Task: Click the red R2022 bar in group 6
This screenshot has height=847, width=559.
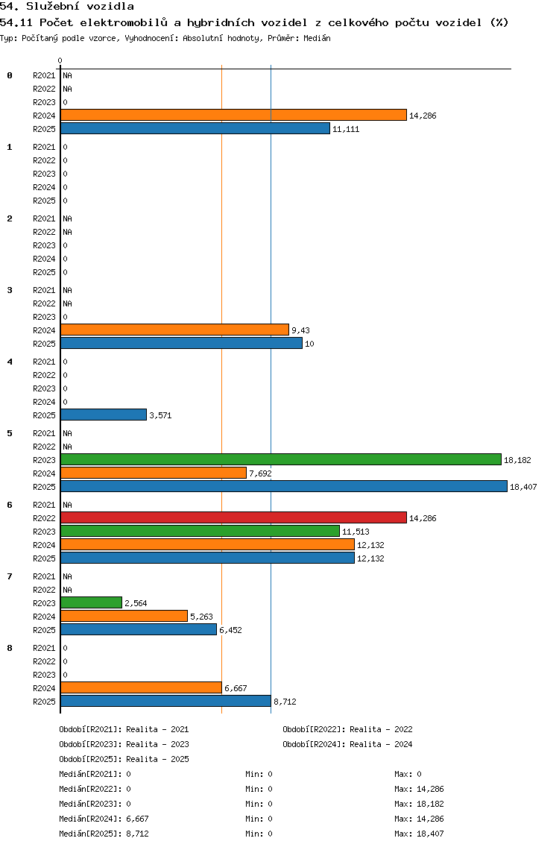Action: coord(233,517)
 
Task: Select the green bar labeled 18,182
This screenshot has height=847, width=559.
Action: coord(281,460)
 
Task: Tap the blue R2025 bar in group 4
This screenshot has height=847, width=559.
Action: coord(104,415)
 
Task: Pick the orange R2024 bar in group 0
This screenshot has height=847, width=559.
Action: coord(233,115)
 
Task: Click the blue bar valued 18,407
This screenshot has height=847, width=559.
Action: coord(284,486)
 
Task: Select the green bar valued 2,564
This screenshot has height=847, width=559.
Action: coord(91,602)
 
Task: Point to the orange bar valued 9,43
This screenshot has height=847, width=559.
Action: coord(175,330)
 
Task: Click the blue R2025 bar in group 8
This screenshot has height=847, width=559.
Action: coord(165,701)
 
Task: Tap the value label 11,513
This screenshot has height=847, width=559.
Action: coord(356,532)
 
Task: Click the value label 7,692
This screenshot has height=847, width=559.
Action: coord(260,473)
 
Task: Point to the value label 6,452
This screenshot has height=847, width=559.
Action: coord(230,630)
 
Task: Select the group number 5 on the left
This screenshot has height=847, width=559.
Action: coord(10,433)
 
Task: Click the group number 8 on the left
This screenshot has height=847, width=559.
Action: coord(10,648)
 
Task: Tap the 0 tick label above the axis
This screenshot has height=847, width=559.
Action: coord(60,60)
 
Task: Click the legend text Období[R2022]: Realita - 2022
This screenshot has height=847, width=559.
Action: coord(347,729)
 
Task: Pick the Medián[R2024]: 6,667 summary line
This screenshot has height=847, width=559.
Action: coord(104,819)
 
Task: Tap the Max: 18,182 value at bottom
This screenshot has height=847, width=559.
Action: coord(419,804)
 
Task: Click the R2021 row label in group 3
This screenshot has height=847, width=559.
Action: coord(44,290)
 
